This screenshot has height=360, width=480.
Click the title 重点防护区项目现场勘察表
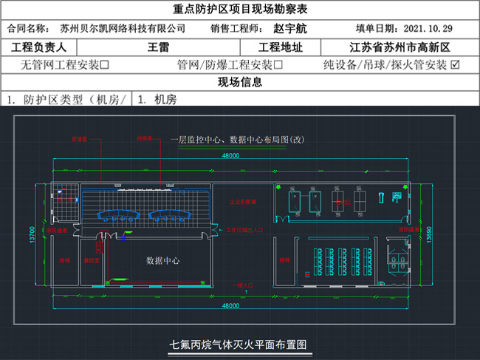(x=240, y=10)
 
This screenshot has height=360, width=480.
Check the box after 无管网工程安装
(x=106, y=65)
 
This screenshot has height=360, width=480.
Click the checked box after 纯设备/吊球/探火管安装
(x=455, y=65)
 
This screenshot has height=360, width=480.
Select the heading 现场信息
(x=240, y=82)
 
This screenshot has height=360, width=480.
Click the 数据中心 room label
(x=163, y=261)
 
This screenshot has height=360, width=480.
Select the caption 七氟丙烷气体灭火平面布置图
(x=238, y=344)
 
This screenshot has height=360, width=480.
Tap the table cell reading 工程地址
(x=280, y=47)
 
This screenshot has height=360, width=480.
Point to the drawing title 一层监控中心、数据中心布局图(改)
(x=237, y=138)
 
